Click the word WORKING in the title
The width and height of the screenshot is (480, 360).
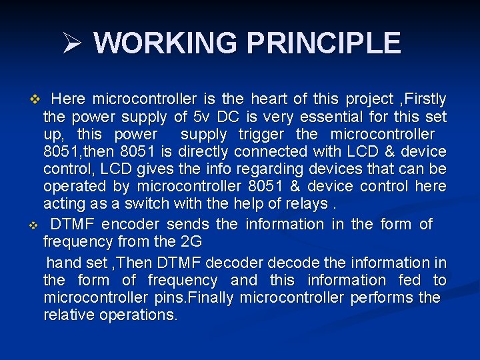(x=166, y=43)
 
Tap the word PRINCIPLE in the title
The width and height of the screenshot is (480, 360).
(x=324, y=43)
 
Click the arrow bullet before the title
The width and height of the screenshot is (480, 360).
(x=71, y=44)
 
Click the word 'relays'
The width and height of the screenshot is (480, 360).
(x=299, y=203)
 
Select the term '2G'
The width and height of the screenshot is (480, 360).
(x=189, y=241)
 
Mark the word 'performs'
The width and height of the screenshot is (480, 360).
(x=382, y=297)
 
